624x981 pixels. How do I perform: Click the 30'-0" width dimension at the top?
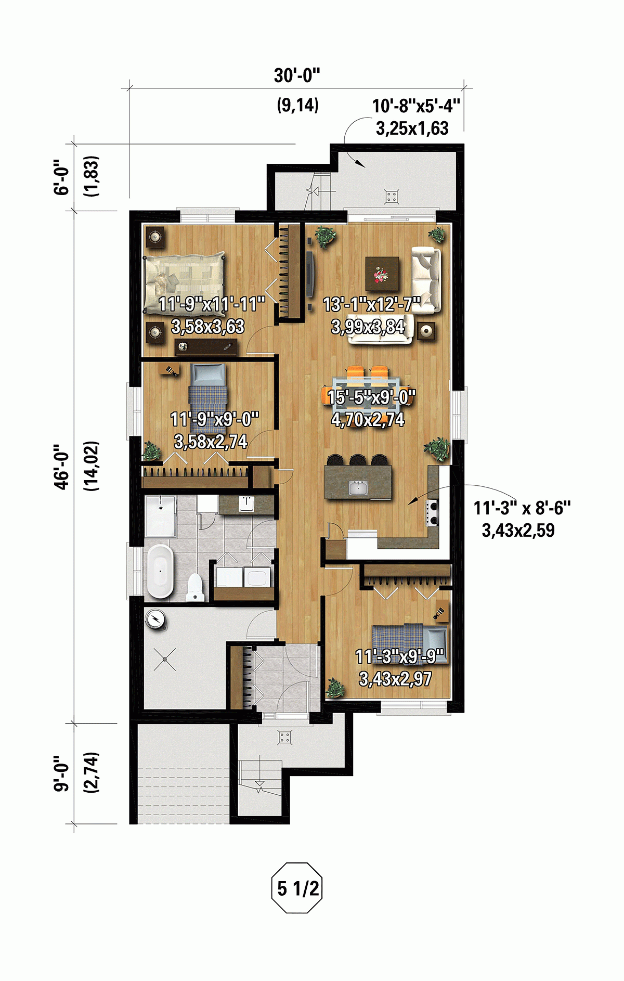click(296, 76)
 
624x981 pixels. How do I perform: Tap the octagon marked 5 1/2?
click(297, 888)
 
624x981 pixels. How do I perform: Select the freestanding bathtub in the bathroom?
click(160, 571)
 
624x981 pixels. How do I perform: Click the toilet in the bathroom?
click(194, 587)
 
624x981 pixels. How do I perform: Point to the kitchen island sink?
click(358, 488)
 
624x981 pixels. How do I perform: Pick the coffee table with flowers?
click(382, 274)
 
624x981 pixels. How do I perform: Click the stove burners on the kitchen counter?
click(433, 512)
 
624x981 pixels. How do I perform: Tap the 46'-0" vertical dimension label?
click(62, 466)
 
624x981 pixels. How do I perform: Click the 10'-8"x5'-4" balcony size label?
click(415, 106)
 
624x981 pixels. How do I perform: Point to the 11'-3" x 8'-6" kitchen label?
click(522, 508)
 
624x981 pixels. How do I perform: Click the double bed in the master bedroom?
click(185, 283)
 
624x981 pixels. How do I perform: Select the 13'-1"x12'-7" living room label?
click(371, 305)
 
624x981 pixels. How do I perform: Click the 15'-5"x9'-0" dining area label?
click(371, 397)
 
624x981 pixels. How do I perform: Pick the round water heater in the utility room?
click(155, 619)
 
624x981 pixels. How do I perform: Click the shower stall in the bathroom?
click(161, 516)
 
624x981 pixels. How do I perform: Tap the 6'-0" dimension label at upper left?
click(62, 177)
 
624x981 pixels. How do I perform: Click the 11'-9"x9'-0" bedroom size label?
click(214, 419)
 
